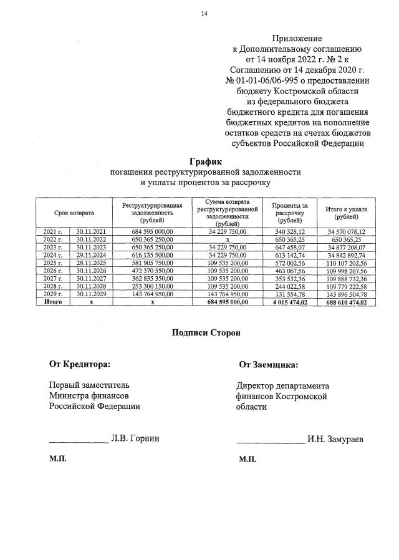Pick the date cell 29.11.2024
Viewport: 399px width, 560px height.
pyautogui.click(x=91, y=256)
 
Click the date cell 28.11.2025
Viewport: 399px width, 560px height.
pyautogui.click(x=91, y=264)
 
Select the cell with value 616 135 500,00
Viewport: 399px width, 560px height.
pyautogui.click(x=151, y=256)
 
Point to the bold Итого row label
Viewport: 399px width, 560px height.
pyautogui.click(x=52, y=302)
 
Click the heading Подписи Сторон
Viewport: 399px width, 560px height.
pyautogui.click(x=206, y=332)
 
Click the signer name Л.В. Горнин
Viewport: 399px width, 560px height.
pyautogui.click(x=135, y=438)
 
